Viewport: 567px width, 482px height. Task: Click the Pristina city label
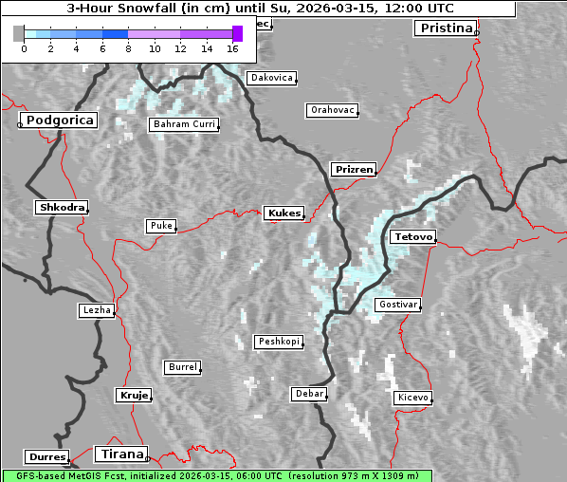(445, 28)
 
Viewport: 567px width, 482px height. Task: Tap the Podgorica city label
(59, 120)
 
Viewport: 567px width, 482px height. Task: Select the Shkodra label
(62, 207)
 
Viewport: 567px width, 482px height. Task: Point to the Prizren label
(355, 170)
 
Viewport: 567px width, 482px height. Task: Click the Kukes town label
(283, 213)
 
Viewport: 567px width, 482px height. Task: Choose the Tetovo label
(412, 236)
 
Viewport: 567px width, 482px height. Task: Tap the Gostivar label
(396, 305)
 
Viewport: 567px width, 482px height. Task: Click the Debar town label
(309, 393)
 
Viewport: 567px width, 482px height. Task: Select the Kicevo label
(413, 398)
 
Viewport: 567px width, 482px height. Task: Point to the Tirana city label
(120, 454)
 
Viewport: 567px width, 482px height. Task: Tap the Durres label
(46, 457)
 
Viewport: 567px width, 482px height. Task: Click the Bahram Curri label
(184, 124)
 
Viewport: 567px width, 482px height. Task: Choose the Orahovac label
(332, 110)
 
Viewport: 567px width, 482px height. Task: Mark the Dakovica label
(271, 78)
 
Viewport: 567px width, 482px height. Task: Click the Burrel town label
(182, 366)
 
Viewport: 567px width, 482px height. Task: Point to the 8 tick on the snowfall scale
(128, 47)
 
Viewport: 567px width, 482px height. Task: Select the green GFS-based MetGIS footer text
(216, 475)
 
